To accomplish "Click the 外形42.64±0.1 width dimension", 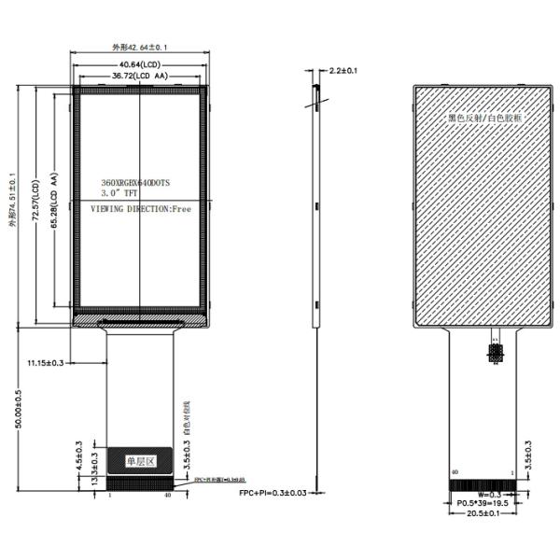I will tap(139, 47).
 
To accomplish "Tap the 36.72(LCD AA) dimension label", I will tap(139, 75).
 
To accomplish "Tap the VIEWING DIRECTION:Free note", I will tap(140, 211).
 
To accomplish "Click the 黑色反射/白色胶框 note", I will tap(484, 119).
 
